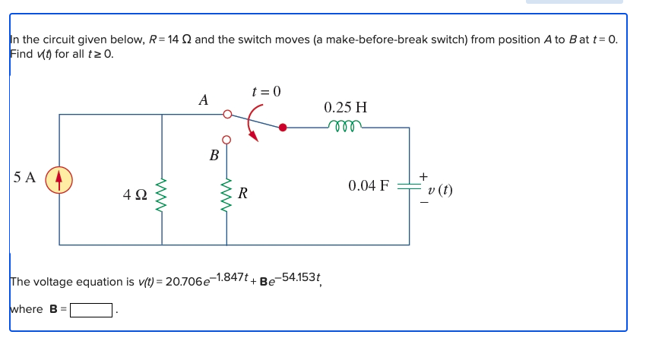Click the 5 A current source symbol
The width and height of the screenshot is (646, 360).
click(x=59, y=180)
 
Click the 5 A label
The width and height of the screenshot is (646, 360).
click(x=24, y=178)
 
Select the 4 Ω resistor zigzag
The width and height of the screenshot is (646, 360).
click(x=161, y=195)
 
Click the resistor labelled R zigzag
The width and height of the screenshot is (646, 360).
click(x=226, y=195)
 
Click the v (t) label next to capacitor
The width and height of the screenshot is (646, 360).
click(x=439, y=190)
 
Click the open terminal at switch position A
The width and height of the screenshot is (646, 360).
click(x=226, y=115)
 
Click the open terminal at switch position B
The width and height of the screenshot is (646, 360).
click(x=226, y=140)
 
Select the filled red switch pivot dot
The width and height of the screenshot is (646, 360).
click(x=283, y=128)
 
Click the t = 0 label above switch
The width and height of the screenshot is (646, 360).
click(x=266, y=92)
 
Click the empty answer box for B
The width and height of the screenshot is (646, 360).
click(x=91, y=310)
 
